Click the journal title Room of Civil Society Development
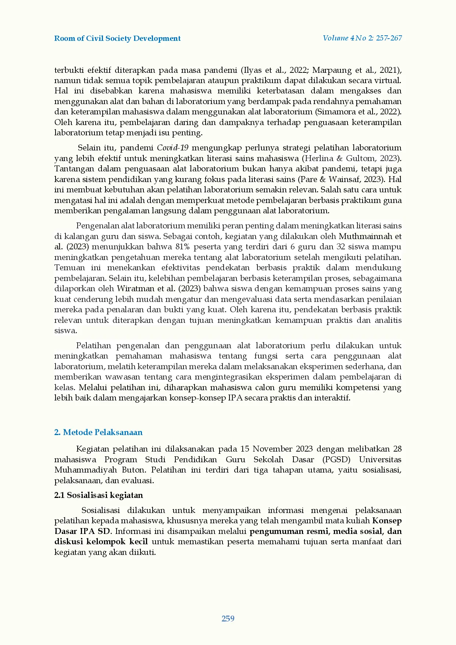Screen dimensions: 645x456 pyautogui.click(x=117, y=39)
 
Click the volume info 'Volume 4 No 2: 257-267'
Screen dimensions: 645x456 pyautogui.click(x=362, y=38)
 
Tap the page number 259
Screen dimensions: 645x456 pyautogui.click(x=228, y=619)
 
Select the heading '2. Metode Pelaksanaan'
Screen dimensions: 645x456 pyautogui.click(x=98, y=432)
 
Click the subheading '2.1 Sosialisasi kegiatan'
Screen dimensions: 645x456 pyautogui.click(x=99, y=495)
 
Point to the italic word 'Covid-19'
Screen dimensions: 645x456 pyautogui.click(x=172, y=148)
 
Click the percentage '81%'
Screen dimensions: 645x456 pyautogui.click(x=182, y=247)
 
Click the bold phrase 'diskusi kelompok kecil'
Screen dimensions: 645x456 pyautogui.click(x=101, y=542)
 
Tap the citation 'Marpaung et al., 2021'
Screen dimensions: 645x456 pyautogui.click(x=371, y=70)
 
